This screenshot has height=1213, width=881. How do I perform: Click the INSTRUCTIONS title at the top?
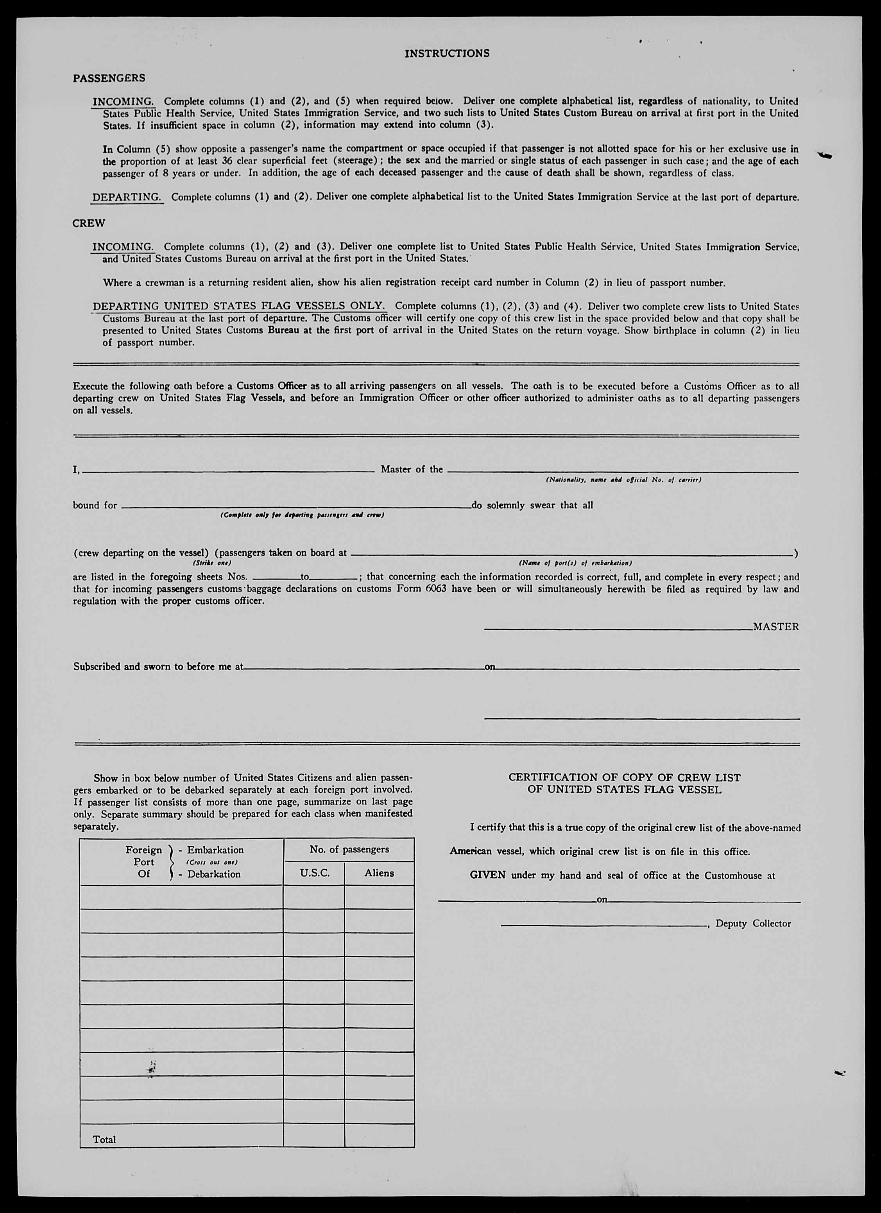[447, 54]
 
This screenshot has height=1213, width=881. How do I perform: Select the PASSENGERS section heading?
[109, 78]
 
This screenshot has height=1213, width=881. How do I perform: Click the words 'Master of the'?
[412, 470]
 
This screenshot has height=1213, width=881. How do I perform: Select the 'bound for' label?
[95, 505]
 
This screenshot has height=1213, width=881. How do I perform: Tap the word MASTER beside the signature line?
[776, 627]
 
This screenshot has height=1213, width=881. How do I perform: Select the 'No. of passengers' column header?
[349, 849]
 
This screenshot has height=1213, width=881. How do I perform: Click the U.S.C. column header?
[314, 873]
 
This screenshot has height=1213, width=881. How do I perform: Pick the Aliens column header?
[379, 873]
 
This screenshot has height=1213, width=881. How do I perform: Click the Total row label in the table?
[105, 1140]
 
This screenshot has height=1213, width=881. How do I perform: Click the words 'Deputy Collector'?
[753, 924]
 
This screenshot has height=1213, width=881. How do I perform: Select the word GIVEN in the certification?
[487, 876]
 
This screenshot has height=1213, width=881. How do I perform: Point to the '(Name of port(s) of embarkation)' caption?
[575, 563]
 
